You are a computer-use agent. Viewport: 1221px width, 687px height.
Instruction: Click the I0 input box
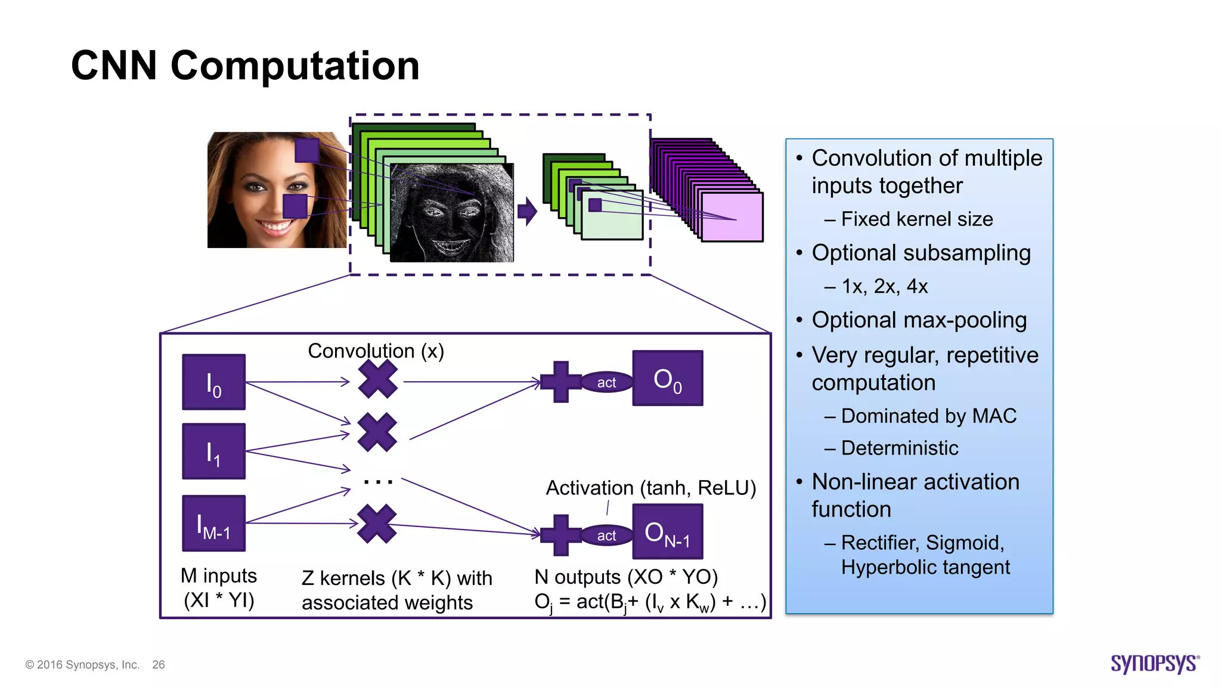click(x=213, y=382)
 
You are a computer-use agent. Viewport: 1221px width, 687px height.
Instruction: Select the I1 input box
click(x=213, y=451)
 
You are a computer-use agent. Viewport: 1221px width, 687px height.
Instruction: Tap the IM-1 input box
click(x=213, y=523)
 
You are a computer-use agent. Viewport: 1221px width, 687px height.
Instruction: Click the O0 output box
click(x=667, y=378)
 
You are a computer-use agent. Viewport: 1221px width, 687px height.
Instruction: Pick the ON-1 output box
click(x=667, y=531)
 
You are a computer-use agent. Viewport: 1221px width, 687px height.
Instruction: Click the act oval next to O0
click(x=606, y=382)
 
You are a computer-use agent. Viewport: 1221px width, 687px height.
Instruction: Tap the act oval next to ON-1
click(x=606, y=536)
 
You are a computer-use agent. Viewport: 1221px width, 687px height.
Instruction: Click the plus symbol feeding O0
click(x=560, y=382)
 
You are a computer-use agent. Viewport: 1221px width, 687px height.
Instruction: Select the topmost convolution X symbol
click(x=378, y=380)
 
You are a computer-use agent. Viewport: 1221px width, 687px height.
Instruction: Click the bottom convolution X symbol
click(x=377, y=524)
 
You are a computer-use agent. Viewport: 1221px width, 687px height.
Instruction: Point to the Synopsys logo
click(x=1154, y=663)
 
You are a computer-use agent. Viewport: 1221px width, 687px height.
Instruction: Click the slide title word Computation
click(x=295, y=66)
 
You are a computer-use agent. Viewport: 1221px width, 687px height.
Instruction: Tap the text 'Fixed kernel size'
click(x=916, y=219)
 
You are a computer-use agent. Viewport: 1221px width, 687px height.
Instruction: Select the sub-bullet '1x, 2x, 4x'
click(x=884, y=287)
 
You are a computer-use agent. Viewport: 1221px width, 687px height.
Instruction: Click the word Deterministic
click(x=899, y=448)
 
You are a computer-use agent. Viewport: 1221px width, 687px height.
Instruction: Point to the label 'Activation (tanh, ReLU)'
click(x=650, y=488)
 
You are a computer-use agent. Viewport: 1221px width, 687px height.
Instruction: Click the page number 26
click(x=158, y=664)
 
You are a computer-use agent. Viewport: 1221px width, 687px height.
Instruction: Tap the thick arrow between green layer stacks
click(x=527, y=211)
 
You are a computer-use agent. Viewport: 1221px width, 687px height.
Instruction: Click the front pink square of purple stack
click(x=732, y=217)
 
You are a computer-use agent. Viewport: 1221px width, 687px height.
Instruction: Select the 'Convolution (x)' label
click(x=376, y=351)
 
